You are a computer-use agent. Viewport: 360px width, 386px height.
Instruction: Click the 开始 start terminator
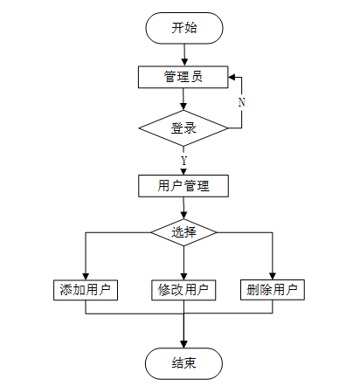tap(184, 28)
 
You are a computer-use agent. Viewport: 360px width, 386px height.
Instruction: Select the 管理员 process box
tap(183, 77)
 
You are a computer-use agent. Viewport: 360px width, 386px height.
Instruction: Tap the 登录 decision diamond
tap(183, 128)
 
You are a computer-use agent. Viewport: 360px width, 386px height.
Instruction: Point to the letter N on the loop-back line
tap(242, 102)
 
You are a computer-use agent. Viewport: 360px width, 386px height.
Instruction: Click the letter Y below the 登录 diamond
tap(183, 161)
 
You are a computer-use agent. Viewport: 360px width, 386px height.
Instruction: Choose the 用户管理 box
tap(183, 186)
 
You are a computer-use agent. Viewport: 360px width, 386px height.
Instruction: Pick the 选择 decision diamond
tap(183, 232)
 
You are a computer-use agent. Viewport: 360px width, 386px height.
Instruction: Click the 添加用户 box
tap(86, 290)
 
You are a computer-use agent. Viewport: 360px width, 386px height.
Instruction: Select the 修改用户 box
tap(183, 290)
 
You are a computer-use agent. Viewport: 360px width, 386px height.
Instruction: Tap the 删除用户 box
tap(273, 290)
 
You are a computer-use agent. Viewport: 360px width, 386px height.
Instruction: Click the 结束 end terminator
tap(184, 363)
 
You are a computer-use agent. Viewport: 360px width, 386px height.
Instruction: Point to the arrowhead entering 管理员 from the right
tap(232, 78)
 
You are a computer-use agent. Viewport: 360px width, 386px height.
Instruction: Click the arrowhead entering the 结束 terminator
tap(183, 344)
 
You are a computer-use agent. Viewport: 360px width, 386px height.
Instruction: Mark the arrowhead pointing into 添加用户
tap(86, 276)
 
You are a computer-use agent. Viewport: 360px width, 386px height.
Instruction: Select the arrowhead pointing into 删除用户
tap(273, 276)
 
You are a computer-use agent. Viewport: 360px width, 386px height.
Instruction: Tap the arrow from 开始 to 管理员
tap(184, 55)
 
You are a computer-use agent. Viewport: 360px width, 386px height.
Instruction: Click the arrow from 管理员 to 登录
tap(183, 99)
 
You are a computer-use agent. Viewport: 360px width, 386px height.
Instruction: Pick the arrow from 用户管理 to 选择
tap(183, 208)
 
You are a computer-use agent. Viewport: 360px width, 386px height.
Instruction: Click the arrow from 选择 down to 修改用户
tap(183, 263)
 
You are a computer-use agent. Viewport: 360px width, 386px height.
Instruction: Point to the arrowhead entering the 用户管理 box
tap(183, 171)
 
